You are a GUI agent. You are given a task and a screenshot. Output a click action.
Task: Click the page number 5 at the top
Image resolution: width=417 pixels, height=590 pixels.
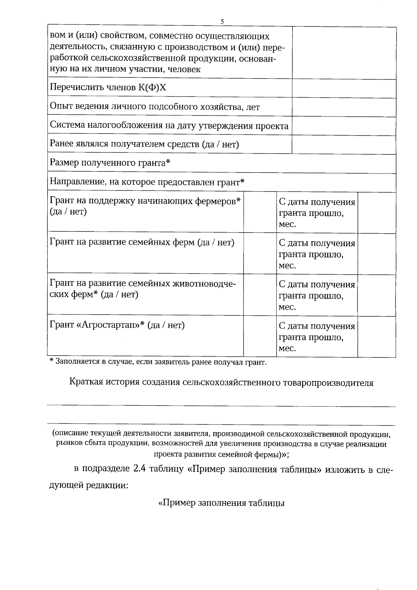coord(222,22)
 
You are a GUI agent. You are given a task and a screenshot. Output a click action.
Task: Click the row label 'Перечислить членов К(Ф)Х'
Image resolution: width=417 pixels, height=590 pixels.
coord(108,88)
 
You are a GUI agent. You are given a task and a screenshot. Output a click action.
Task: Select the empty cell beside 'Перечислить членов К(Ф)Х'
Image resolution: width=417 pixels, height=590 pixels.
coord(344,89)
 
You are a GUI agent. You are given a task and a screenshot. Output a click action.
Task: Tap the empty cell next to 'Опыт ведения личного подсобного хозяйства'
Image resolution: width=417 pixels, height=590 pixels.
coord(344,107)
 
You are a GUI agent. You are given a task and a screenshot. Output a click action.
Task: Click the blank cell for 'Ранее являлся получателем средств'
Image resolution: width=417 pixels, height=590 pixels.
coord(344,144)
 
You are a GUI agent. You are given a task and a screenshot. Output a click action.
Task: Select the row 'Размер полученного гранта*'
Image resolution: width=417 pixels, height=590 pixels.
coord(110,163)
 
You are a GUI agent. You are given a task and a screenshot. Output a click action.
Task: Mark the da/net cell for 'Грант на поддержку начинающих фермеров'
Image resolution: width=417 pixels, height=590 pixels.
coord(260,212)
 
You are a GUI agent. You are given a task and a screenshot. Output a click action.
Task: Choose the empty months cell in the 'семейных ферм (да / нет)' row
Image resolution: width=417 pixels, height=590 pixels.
coord(376,254)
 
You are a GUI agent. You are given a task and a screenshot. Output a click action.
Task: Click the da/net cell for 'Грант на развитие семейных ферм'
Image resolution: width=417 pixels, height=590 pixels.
coord(260,254)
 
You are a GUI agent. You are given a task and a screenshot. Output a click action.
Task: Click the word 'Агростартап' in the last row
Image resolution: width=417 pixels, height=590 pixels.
coord(107,325)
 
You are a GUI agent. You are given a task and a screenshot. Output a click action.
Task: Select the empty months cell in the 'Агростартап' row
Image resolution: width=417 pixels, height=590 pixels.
coord(376,337)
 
